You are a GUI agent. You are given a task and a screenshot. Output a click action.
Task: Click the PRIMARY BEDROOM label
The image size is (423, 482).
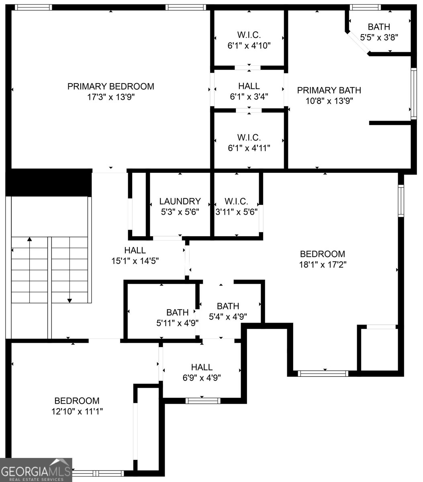point(110,86)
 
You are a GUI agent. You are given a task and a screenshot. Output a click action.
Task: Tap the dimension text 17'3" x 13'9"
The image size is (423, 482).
point(110,97)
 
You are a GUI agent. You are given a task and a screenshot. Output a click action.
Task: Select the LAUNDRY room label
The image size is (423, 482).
point(180,201)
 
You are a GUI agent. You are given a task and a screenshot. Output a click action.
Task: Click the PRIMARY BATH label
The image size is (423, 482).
point(329,90)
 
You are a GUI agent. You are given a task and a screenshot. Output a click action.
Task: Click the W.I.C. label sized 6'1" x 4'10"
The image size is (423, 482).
point(249,35)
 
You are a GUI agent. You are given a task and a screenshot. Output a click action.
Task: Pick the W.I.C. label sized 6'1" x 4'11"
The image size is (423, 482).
point(249,137)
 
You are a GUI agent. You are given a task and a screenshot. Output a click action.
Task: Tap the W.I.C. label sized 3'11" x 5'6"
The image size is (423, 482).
point(236,201)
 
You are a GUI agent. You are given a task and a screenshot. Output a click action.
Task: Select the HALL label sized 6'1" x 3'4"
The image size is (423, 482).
point(249,86)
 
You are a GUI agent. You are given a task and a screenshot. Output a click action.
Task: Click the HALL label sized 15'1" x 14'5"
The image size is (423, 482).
point(135,250)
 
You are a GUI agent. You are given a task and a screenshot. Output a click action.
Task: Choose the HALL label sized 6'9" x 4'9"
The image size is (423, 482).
point(202,367)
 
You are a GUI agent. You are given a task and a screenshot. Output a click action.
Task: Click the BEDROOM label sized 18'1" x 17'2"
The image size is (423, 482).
point(323,254)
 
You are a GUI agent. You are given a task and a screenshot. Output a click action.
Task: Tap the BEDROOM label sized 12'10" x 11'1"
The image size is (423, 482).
point(77,400)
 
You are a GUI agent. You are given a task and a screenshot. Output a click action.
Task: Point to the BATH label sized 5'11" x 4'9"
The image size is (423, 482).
point(178,312)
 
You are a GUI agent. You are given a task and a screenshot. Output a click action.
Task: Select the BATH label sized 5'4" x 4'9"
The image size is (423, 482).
point(228,306)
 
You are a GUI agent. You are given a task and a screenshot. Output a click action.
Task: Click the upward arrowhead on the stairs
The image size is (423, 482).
point(29,239)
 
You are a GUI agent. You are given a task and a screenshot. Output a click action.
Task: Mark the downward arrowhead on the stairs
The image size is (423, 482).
point(69,300)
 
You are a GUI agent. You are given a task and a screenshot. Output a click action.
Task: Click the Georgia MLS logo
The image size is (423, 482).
point(36,470)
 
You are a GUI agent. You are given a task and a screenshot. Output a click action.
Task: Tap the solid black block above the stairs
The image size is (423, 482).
point(49,183)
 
